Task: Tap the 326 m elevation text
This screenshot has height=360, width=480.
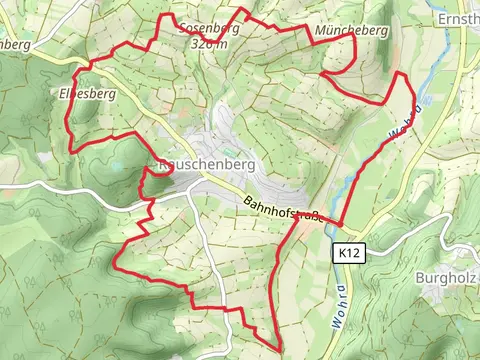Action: pyautogui.click(x=213, y=43)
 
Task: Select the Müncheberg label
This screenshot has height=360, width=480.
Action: pyautogui.click(x=350, y=31)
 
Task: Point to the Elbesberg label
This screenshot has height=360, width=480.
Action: pyautogui.click(x=82, y=93)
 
